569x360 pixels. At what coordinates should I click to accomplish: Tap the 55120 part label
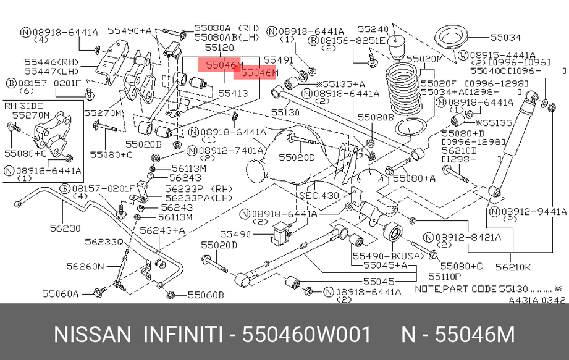[x=219, y=47]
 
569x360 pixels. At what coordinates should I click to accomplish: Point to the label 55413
[x=232, y=94]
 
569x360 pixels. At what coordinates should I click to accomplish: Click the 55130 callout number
[x=285, y=114]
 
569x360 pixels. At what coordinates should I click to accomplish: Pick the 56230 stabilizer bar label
[x=65, y=228]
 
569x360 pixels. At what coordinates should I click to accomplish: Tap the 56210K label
[x=512, y=267]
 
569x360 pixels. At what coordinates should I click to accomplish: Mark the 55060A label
[x=60, y=294]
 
